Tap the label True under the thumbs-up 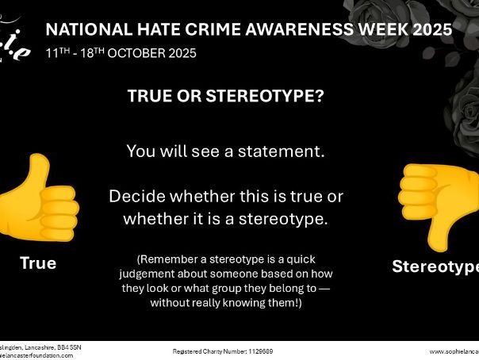[38, 263]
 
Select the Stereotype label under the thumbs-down [435, 266]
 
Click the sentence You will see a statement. [226, 151]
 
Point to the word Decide [136, 196]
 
